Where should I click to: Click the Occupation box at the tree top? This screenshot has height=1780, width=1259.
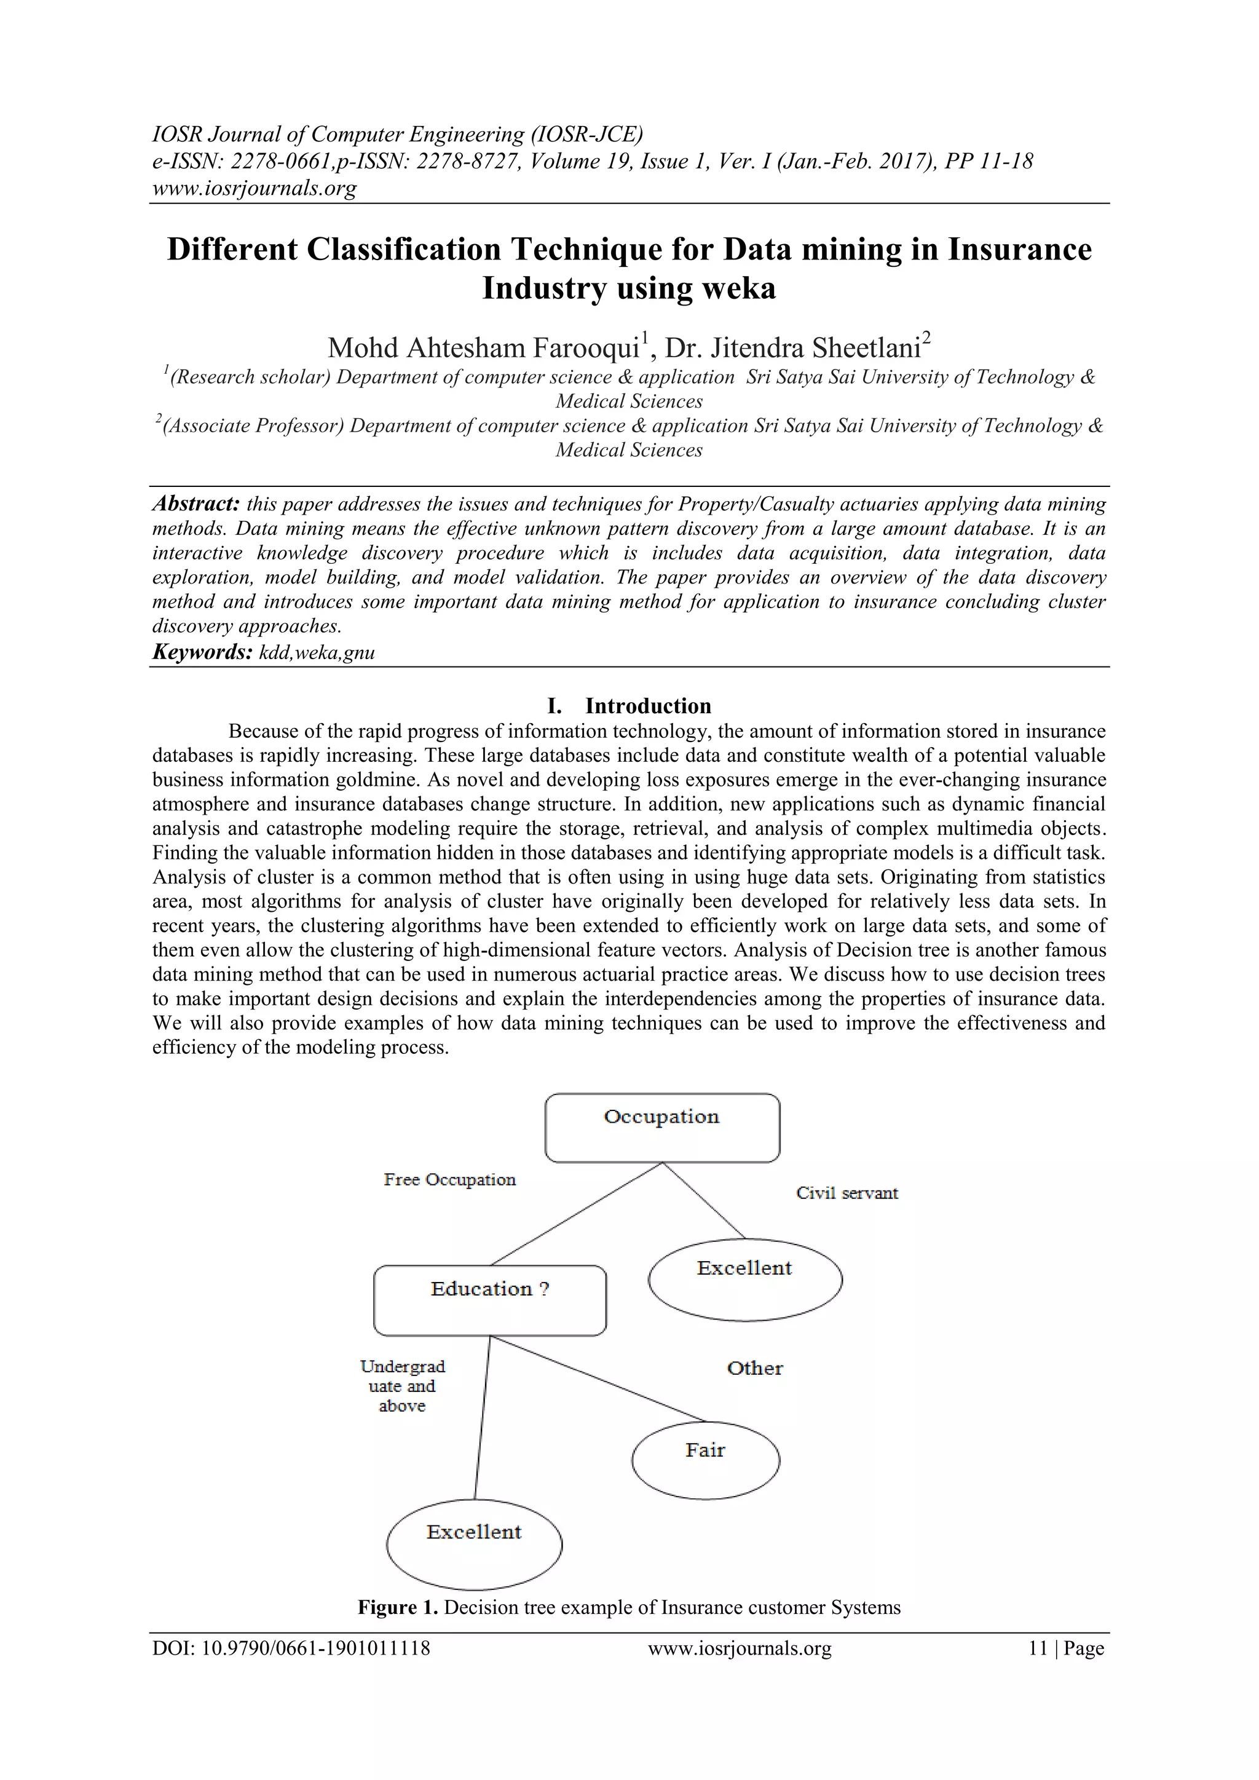click(x=662, y=1126)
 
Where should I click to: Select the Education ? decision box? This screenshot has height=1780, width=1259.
click(x=489, y=1300)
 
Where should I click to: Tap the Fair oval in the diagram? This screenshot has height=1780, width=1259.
click(x=706, y=1460)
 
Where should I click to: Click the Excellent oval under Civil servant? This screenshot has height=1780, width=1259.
click(x=744, y=1279)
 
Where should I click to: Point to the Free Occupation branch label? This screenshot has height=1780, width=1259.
click(x=449, y=1180)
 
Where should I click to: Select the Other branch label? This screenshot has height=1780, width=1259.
click(x=754, y=1368)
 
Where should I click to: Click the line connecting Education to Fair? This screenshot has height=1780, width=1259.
click(x=597, y=1379)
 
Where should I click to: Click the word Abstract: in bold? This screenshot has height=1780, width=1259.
click(x=195, y=504)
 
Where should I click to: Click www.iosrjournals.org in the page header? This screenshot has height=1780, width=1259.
click(x=255, y=188)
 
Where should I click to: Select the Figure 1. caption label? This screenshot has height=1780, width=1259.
click(x=398, y=1607)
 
